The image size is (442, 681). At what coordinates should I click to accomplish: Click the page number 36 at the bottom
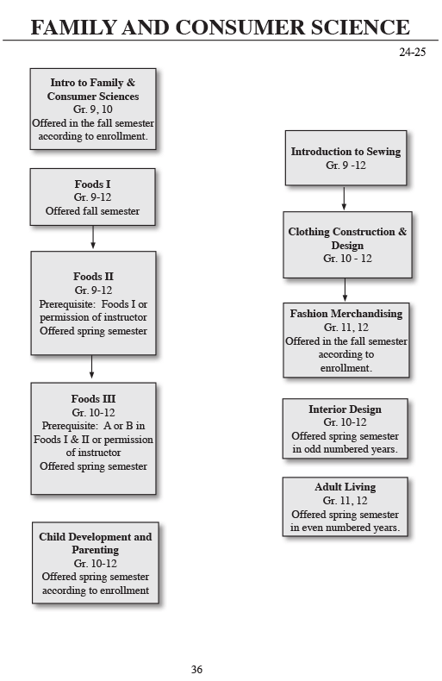click(196, 669)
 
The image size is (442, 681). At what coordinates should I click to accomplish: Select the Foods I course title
click(92, 184)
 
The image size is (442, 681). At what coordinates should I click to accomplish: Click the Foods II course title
click(93, 277)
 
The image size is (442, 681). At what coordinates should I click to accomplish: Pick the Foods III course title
click(93, 399)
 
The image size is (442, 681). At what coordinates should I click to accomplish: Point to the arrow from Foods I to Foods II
click(93, 238)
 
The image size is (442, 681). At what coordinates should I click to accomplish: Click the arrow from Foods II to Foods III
click(92, 368)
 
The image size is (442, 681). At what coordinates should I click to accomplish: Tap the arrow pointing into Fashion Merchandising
click(345, 290)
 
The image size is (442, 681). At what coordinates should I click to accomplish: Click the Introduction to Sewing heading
click(346, 152)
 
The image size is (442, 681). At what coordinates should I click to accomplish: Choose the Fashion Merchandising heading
click(346, 314)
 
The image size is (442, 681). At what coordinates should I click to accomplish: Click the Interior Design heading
click(345, 409)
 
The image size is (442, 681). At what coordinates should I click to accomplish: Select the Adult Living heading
click(345, 487)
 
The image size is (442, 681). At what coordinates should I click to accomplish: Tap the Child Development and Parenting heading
click(95, 543)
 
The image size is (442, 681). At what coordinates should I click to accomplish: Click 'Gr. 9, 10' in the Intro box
click(93, 110)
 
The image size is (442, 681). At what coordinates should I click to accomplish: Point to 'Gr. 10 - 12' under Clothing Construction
click(345, 259)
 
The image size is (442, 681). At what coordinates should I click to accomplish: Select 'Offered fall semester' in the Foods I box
click(92, 211)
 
